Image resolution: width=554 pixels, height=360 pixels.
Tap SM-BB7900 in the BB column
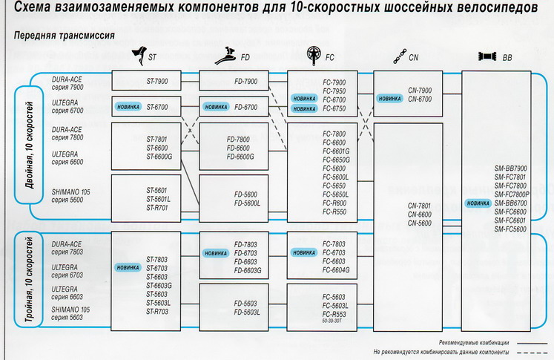(510, 168)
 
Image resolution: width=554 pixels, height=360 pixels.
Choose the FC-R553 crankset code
(335, 314)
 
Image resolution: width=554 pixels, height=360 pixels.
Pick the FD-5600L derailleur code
(247, 203)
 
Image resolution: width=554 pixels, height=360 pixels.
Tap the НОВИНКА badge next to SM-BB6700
(478, 203)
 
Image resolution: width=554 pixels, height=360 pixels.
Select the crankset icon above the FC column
(313, 55)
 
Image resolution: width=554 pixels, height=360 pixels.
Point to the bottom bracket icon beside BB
(487, 56)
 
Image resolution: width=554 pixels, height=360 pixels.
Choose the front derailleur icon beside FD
(224, 55)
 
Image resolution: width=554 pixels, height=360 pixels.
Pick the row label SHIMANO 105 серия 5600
(72, 195)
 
